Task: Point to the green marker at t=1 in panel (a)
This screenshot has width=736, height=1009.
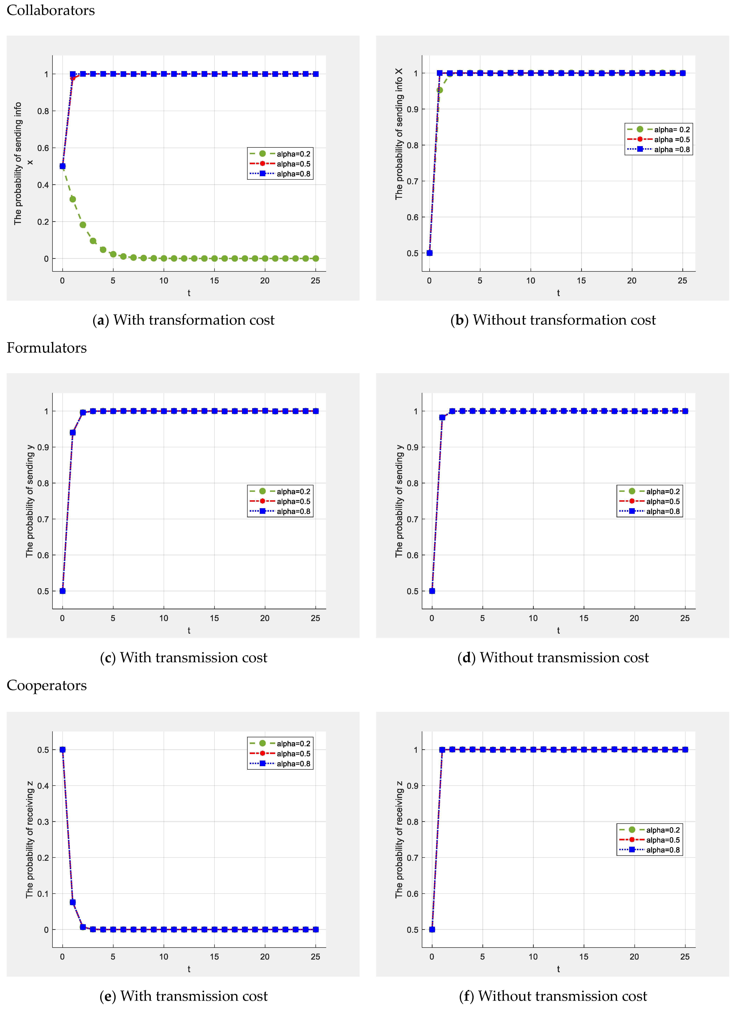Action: [73, 199]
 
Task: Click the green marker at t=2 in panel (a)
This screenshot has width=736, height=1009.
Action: [83, 225]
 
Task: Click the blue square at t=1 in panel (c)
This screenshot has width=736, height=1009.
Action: [73, 432]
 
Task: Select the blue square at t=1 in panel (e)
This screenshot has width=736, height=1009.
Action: [73, 902]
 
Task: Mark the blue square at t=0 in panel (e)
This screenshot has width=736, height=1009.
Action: [62, 750]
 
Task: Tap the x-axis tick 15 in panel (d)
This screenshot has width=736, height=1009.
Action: [584, 618]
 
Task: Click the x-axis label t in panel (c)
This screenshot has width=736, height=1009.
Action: [189, 630]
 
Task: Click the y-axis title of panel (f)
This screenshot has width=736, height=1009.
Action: [399, 839]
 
